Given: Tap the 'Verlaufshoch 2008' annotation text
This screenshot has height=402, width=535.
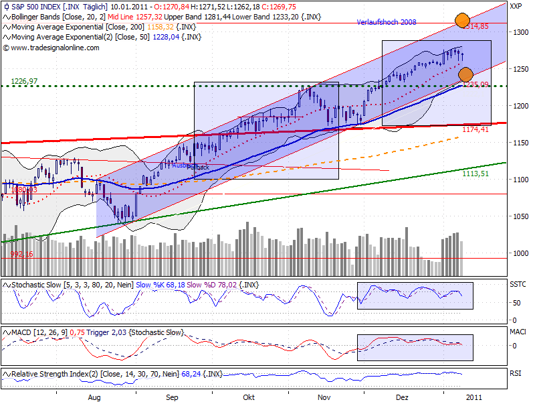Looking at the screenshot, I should tap(387, 22).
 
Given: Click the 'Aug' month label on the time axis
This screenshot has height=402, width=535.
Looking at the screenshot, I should tap(94, 397).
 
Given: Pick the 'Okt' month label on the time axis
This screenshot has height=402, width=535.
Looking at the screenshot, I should tap(249, 397).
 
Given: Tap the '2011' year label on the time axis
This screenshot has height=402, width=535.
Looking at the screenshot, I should tap(472, 397).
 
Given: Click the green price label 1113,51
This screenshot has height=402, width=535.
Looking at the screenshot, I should tap(475, 173).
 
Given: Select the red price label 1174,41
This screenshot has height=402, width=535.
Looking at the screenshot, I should tap(475, 129).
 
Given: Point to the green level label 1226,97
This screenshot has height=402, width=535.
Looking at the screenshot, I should tap(24, 81).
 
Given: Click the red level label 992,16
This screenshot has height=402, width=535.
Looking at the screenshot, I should tap(21, 255).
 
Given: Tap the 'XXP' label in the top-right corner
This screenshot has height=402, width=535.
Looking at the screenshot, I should tap(516, 6).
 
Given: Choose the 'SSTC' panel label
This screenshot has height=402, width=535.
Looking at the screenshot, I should tap(518, 285).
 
